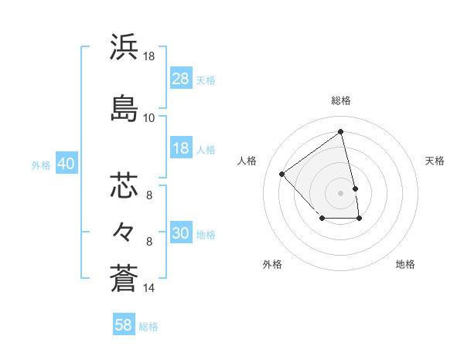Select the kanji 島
pos(125,108)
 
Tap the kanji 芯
pos(125,185)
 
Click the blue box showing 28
pos(181,80)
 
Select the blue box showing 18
pos(181,149)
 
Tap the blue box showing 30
pos(181,234)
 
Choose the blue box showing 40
pos(67,165)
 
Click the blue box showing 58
pos(124,325)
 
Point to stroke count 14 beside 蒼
pos(149,288)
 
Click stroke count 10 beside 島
pos(149,118)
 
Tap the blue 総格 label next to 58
pos(148,327)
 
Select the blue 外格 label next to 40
pos(41,165)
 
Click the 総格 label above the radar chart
pos(341,100)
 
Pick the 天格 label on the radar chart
pos(435,161)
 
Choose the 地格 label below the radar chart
pos(405,265)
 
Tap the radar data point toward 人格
pos(282,174)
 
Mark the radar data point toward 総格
pos(341,131)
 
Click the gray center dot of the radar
pos(341,192)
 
